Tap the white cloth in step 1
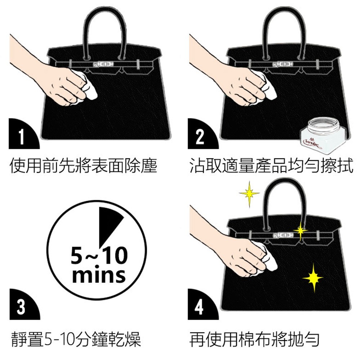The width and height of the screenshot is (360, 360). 86,89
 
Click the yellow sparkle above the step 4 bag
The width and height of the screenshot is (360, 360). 249,194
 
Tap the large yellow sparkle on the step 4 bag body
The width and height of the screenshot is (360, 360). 313,278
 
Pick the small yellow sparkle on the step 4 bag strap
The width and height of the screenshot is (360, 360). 301,230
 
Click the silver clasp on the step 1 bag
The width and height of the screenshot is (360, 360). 103,64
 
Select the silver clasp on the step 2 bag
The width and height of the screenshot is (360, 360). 282,64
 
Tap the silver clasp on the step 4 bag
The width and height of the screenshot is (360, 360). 283,235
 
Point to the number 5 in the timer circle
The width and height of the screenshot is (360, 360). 77,255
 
